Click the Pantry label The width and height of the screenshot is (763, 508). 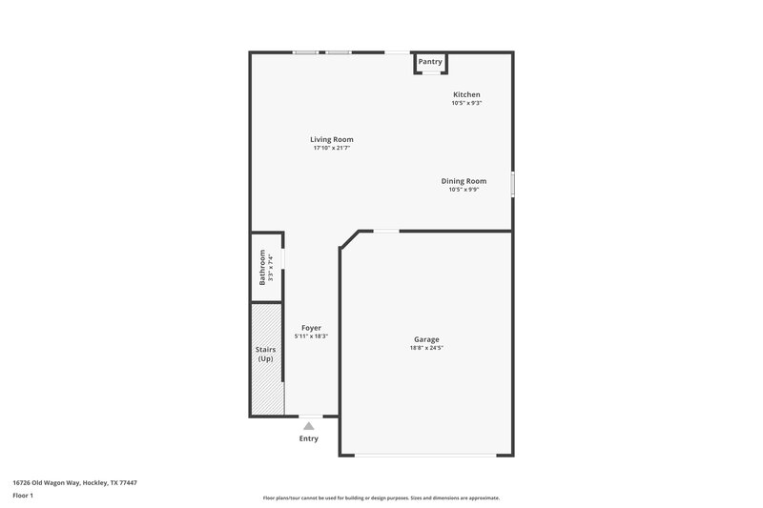pyautogui.click(x=430, y=62)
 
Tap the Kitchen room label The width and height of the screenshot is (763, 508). pyautogui.click(x=466, y=94)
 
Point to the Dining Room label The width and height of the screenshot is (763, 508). pyautogui.click(x=464, y=181)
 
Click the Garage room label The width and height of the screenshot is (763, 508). pyautogui.click(x=426, y=339)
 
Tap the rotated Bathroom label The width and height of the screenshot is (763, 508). pyautogui.click(x=263, y=267)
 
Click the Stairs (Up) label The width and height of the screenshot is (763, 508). pyautogui.click(x=266, y=355)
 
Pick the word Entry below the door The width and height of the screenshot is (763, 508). pyautogui.click(x=309, y=438)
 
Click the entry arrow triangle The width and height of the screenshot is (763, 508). pyautogui.click(x=308, y=426)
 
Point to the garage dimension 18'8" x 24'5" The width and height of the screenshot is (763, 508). pyautogui.click(x=426, y=348)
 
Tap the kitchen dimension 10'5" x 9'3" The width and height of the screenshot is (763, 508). pyautogui.click(x=466, y=103)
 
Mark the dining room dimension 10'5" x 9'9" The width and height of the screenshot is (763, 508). pyautogui.click(x=464, y=190)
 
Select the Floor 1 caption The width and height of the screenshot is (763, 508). pyautogui.click(x=23, y=497)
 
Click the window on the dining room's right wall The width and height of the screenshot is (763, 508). pyautogui.click(x=512, y=183)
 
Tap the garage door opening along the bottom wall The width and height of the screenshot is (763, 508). pyautogui.click(x=426, y=455)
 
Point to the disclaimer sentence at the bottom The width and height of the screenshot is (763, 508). pyautogui.click(x=381, y=498)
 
